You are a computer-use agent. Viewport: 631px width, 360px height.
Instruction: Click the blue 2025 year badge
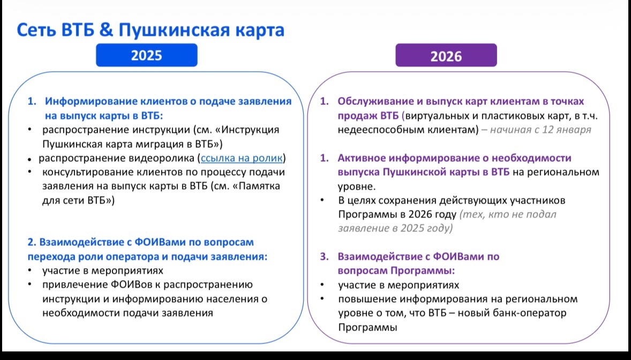point(146,55)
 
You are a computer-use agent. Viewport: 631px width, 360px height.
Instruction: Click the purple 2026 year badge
point(446,55)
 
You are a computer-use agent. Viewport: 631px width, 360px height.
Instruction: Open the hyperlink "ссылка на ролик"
point(242,158)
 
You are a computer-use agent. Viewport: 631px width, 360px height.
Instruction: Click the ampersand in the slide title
point(106,30)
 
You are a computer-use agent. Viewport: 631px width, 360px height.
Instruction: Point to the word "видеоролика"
point(162,158)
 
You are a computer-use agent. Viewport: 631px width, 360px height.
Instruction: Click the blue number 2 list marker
point(32,243)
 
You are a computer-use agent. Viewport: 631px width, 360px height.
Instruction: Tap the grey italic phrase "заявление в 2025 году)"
point(395,228)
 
